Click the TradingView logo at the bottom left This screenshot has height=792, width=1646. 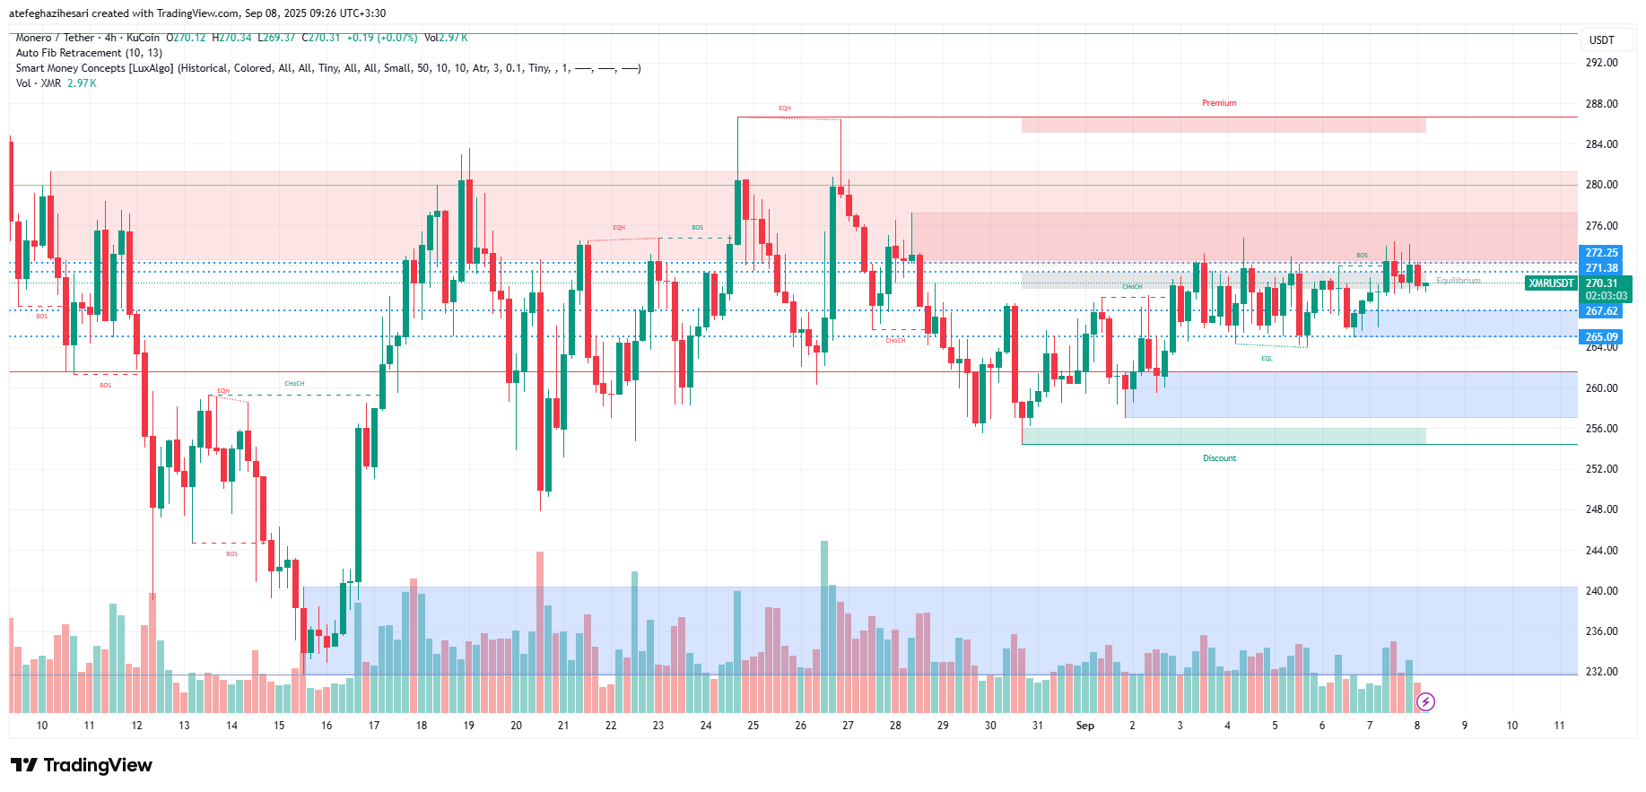[82, 765]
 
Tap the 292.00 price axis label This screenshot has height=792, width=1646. [1601, 63]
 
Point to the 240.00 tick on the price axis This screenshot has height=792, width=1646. [1601, 591]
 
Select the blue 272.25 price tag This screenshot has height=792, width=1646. [1601, 253]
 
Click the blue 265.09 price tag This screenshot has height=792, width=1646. [1601, 337]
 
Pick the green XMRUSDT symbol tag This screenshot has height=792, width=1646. [1551, 283]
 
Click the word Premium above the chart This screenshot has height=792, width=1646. [1219, 103]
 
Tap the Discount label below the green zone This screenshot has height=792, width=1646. [1219, 458]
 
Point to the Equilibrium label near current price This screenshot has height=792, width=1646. [1458, 281]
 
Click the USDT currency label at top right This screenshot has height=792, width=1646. [1601, 40]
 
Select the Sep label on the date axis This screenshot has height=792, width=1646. [1084, 726]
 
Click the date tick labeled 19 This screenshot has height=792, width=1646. [468, 726]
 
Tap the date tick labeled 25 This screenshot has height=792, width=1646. [753, 726]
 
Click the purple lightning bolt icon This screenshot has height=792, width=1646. [1425, 701]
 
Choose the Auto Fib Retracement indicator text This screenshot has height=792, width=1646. [89, 53]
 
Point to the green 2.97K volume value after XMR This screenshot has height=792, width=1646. [82, 83]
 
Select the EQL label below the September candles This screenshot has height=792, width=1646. [1267, 359]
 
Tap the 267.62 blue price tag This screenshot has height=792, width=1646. [1601, 311]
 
